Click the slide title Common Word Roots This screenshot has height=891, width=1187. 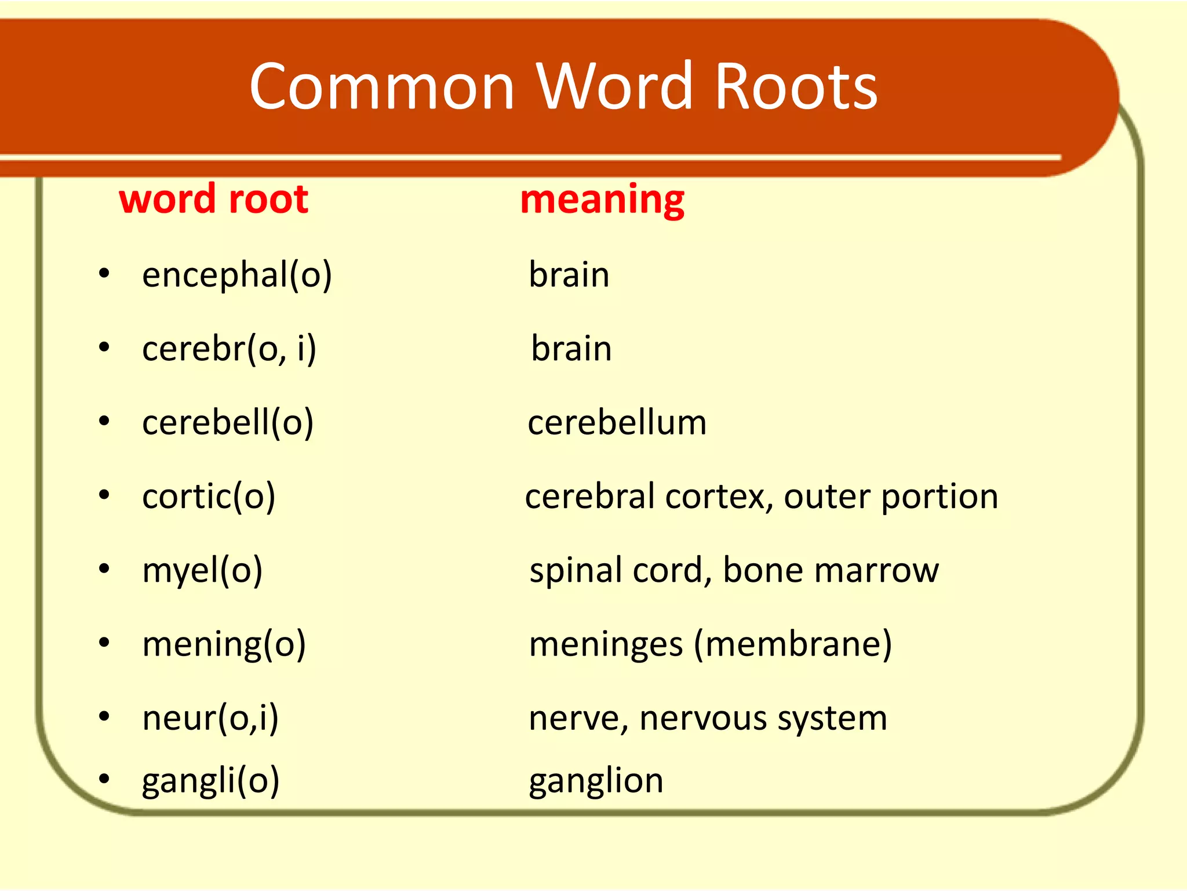coord(563,86)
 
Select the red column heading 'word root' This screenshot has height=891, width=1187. coord(213,199)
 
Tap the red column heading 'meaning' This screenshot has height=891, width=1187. coord(602,199)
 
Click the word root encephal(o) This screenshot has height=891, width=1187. coord(236,274)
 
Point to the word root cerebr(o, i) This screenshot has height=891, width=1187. coord(229,349)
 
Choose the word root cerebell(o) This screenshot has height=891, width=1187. coord(228,422)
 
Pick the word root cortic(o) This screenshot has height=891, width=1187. coord(209,497)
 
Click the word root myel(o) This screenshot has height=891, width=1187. coord(202,570)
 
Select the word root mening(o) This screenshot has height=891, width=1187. coord(224,644)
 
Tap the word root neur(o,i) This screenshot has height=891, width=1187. coord(210,718)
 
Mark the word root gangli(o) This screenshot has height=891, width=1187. coord(210,781)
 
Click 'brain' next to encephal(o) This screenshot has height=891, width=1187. coord(569,274)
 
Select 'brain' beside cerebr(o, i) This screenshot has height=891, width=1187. coord(571,349)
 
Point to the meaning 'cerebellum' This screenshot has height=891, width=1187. coord(617,422)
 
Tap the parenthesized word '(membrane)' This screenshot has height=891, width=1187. coord(793,644)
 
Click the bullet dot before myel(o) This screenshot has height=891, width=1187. coord(104,569)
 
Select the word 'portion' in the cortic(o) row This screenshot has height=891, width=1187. coord(940,497)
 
